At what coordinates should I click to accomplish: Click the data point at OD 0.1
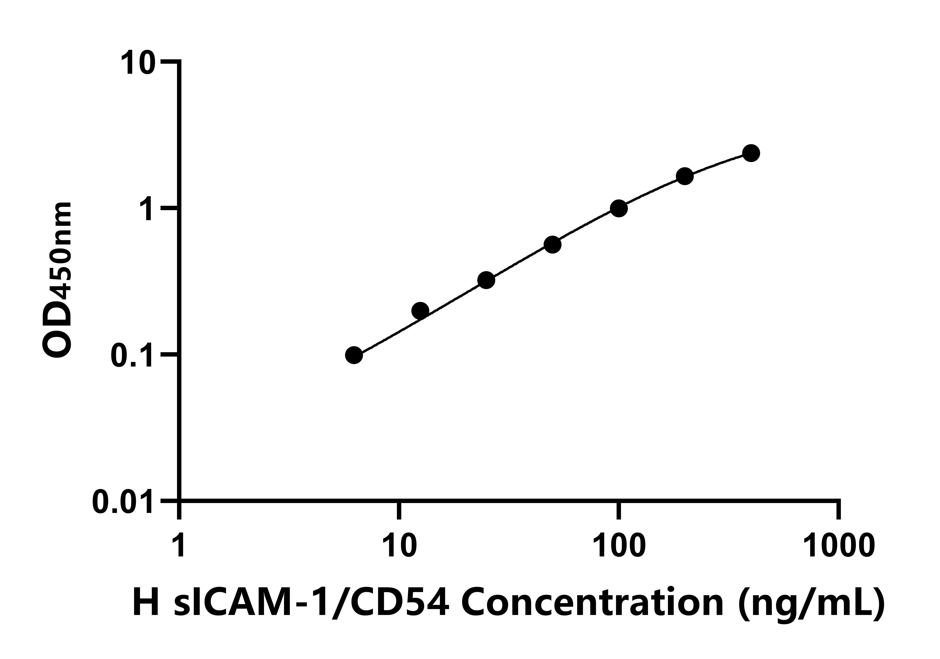[x=354, y=355]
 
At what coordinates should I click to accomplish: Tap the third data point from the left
[x=486, y=280]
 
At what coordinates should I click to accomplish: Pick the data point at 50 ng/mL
[x=552, y=245]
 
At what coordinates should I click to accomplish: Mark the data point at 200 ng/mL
[x=685, y=176]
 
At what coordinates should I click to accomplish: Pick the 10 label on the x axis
[x=399, y=545]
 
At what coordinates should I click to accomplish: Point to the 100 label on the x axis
[x=619, y=545]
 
